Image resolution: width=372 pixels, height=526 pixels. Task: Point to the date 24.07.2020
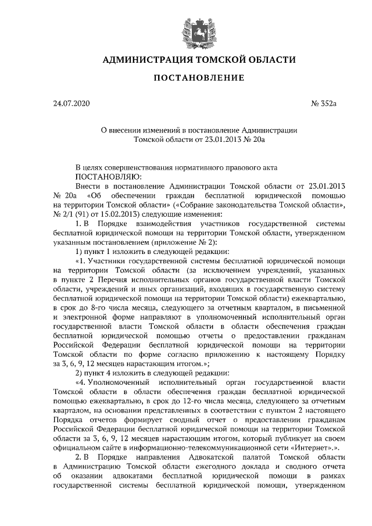[x=72, y=104]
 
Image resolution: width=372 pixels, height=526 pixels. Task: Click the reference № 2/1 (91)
[x=70, y=213]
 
